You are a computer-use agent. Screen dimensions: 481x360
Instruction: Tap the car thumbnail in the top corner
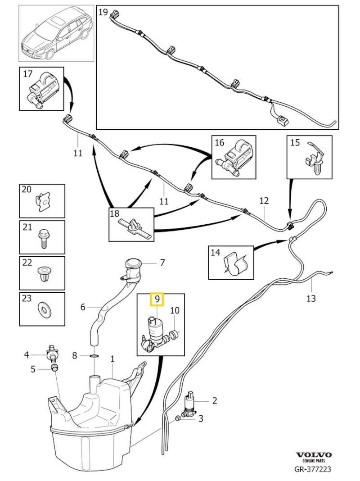coord(56,34)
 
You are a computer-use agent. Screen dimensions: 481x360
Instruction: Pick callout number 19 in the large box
coord(103,12)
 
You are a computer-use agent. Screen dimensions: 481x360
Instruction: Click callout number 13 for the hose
coord(311,298)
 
